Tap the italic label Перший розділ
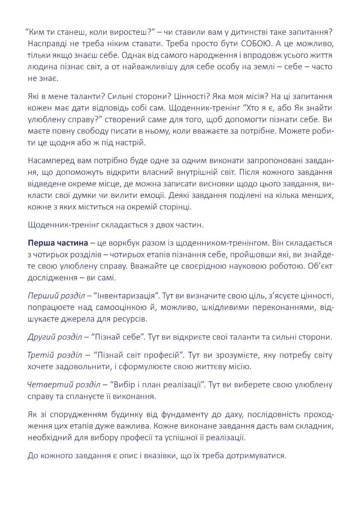53,296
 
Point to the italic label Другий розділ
54,336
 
